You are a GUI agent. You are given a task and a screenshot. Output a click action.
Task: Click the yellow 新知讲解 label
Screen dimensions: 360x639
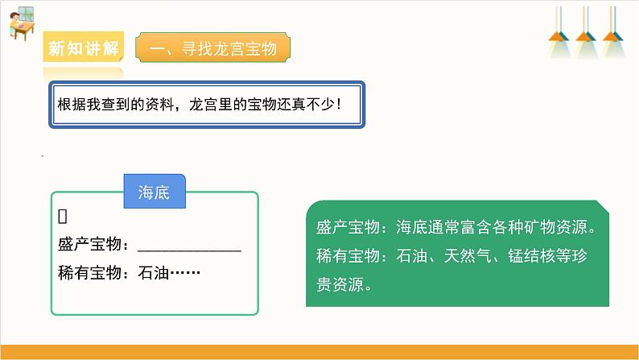[84, 48]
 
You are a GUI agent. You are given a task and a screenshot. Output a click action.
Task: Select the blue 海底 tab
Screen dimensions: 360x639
[154, 193]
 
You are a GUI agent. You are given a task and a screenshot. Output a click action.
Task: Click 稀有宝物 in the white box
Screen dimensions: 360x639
[89, 274]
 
